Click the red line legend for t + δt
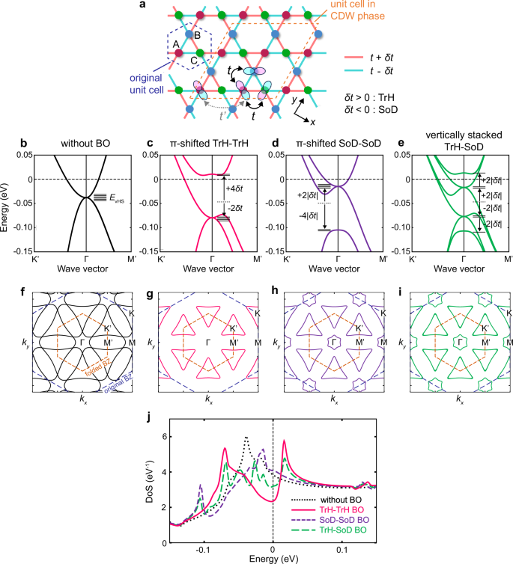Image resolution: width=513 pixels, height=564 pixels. (362, 58)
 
